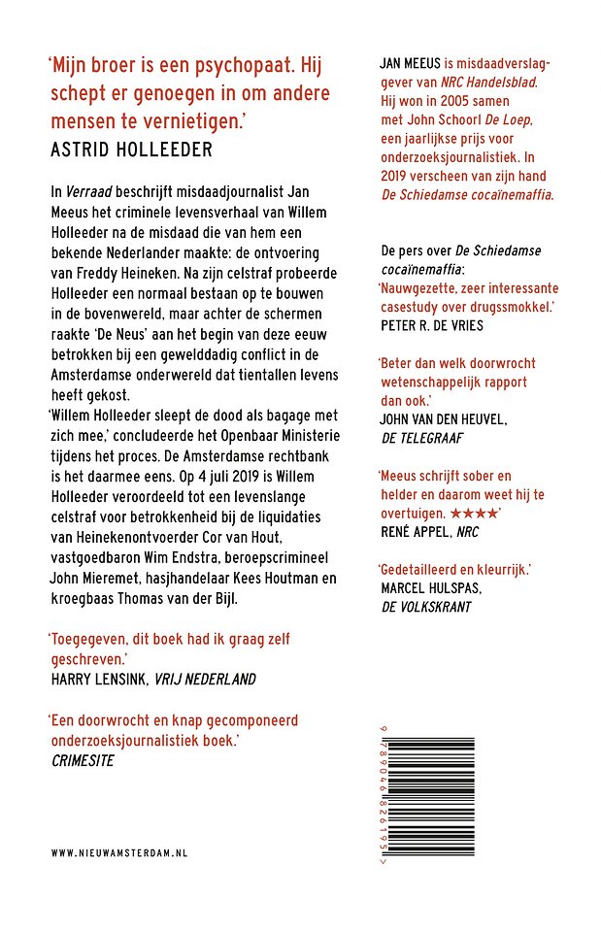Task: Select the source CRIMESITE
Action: point(83,760)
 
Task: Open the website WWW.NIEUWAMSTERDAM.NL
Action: point(119,851)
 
